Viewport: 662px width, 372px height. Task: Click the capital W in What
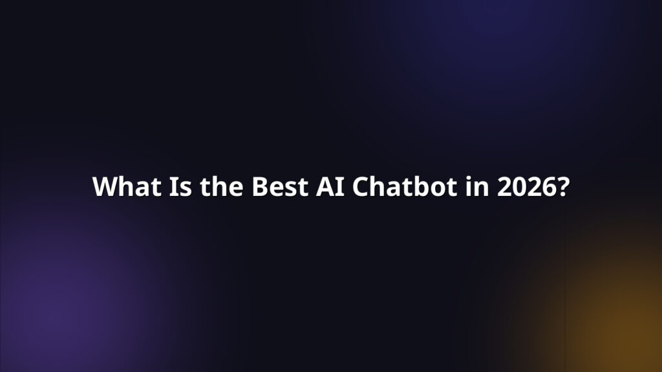(104, 187)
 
